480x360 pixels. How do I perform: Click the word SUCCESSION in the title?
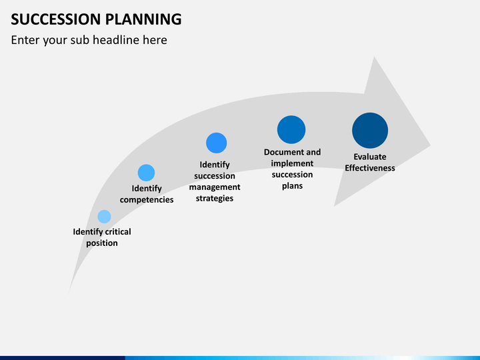click(x=56, y=19)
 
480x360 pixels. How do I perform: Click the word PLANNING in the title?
click(x=143, y=19)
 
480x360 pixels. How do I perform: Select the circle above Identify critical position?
click(x=104, y=217)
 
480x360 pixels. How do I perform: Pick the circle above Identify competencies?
click(x=146, y=173)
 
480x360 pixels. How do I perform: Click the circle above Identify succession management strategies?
click(x=217, y=143)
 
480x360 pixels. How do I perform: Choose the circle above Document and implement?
click(x=291, y=129)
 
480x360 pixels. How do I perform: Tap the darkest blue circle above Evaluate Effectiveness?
click(x=370, y=131)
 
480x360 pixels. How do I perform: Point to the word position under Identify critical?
click(x=102, y=243)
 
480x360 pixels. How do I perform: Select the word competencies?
click(x=147, y=199)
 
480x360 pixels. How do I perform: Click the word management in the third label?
click(x=215, y=187)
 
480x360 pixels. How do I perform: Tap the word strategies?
click(x=215, y=199)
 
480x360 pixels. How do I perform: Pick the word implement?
click(x=292, y=163)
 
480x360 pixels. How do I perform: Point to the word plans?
click(x=293, y=186)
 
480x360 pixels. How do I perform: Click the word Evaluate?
click(x=370, y=157)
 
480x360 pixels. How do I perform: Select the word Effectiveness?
click(x=370, y=168)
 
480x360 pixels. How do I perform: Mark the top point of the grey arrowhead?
click(x=374, y=57)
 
